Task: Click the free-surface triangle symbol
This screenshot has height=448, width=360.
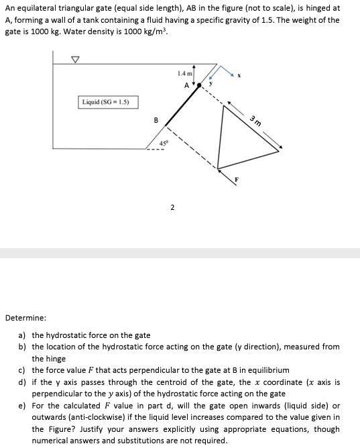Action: tap(76, 60)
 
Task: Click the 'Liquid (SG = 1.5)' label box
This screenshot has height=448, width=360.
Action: tap(109, 102)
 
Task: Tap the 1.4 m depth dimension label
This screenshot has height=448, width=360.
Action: tap(185, 73)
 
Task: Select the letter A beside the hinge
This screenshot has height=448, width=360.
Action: tap(186, 85)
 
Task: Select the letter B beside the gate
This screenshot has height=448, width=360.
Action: tap(156, 121)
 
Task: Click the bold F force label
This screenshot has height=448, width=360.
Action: tap(235, 179)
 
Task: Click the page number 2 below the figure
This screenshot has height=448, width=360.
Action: tap(172, 207)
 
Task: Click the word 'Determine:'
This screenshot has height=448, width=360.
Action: tap(25, 317)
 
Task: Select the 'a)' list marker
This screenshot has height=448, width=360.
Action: tap(22, 335)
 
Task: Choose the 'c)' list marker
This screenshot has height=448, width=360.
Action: tap(22, 370)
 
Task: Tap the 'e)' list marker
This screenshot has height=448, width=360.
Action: tap(22, 406)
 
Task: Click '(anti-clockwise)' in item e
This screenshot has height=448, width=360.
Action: tap(87, 417)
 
